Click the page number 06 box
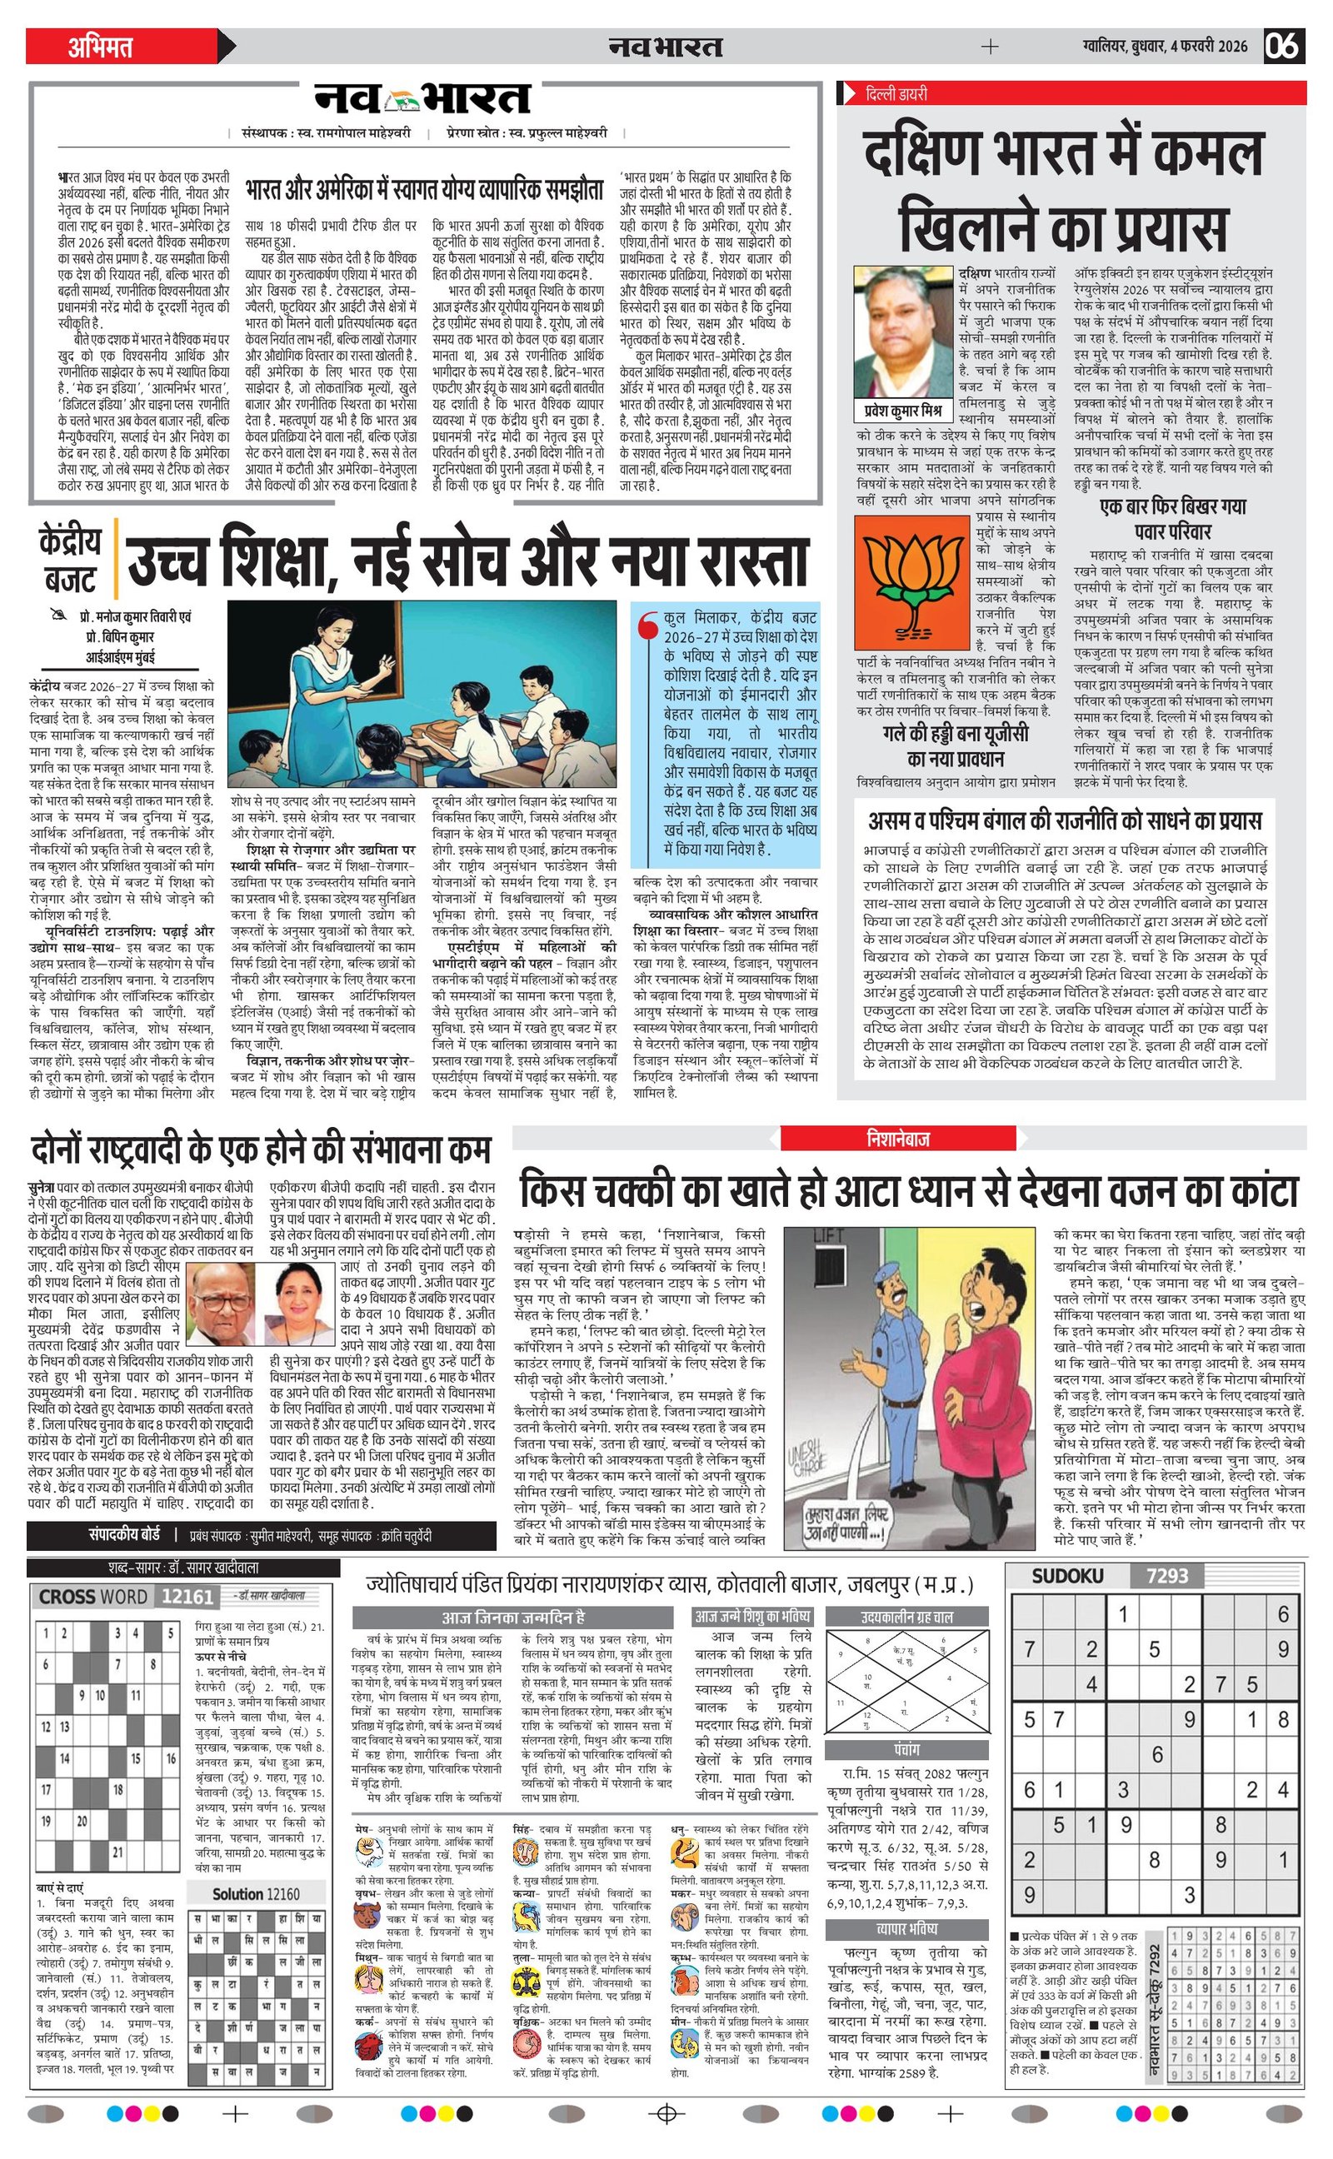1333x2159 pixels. click(1284, 46)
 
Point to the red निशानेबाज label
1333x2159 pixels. click(897, 1139)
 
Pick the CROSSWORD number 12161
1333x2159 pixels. click(187, 1597)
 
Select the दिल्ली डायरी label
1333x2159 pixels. click(896, 93)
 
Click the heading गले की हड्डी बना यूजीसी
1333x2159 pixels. click(955, 735)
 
